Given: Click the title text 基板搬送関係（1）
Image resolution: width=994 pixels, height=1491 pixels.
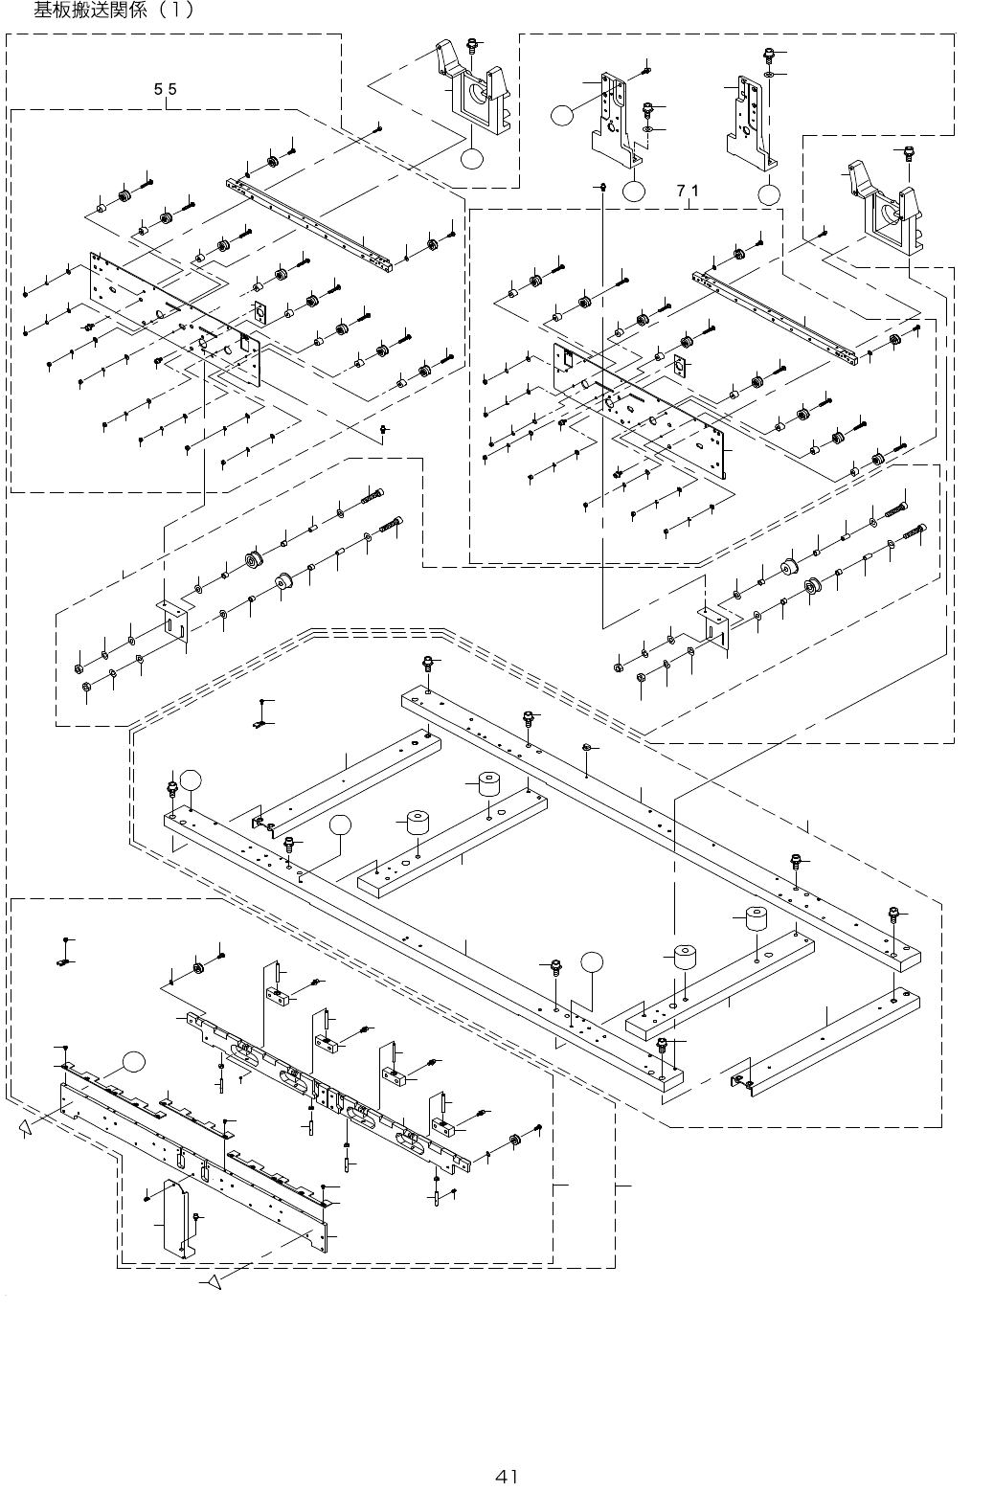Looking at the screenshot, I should (114, 11).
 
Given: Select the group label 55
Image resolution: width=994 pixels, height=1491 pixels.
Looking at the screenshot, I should (166, 89).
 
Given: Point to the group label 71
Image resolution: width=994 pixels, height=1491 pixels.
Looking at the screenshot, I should (689, 190).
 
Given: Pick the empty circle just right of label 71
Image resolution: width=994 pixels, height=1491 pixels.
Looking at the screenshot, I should (769, 194).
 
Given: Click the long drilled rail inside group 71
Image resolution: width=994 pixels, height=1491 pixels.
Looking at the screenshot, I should (776, 316).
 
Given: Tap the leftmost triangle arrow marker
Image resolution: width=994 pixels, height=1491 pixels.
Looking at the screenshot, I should (25, 1130).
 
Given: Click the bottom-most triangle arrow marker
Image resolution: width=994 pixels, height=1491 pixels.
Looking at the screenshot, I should (215, 1281).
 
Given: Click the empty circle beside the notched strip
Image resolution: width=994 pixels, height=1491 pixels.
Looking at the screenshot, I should (135, 1061).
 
